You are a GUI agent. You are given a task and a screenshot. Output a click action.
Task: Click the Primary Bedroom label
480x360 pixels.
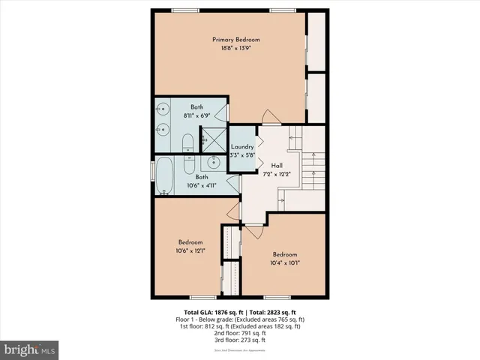pyautogui.click(x=235, y=39)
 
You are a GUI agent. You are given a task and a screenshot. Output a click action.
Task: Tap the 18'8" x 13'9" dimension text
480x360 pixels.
pyautogui.click(x=235, y=48)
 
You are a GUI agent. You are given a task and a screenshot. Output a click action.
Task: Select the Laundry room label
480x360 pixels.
pyautogui.click(x=242, y=146)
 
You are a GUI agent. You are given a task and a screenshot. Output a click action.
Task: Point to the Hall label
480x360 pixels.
pyautogui.click(x=277, y=165)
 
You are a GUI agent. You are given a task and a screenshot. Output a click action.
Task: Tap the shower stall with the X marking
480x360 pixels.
pyautogui.click(x=214, y=139)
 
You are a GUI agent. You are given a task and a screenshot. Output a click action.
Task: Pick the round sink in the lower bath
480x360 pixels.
pyautogui.click(x=214, y=162)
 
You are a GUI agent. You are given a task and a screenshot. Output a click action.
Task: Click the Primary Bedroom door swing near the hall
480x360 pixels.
pyautogui.click(x=269, y=116)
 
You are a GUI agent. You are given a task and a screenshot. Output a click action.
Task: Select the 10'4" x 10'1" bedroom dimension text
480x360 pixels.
pyautogui.click(x=286, y=262)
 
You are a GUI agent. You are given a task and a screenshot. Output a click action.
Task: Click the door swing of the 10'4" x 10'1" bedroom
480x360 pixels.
pyautogui.click(x=253, y=232)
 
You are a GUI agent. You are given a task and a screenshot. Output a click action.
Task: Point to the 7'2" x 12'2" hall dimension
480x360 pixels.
pyautogui.click(x=277, y=174)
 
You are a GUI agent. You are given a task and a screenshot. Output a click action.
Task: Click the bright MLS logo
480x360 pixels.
pyautogui.click(x=29, y=349)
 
